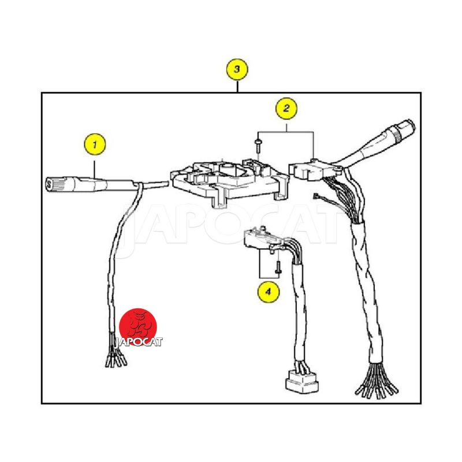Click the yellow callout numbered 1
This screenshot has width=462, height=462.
[95, 144]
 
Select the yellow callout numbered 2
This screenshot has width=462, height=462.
[286, 108]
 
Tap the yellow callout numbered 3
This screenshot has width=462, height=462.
[237, 69]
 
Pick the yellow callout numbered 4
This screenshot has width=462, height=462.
[268, 292]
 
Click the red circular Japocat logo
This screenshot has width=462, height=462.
[138, 326]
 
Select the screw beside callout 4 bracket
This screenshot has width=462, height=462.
[278, 267]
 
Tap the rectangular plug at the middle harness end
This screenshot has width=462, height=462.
[302, 382]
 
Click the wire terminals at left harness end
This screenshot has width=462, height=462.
[116, 359]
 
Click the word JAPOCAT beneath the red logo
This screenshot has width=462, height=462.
[138, 342]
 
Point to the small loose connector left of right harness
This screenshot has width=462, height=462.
[316, 196]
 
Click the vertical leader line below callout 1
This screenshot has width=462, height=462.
[95, 170]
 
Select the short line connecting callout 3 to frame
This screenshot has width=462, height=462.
[237, 86]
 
